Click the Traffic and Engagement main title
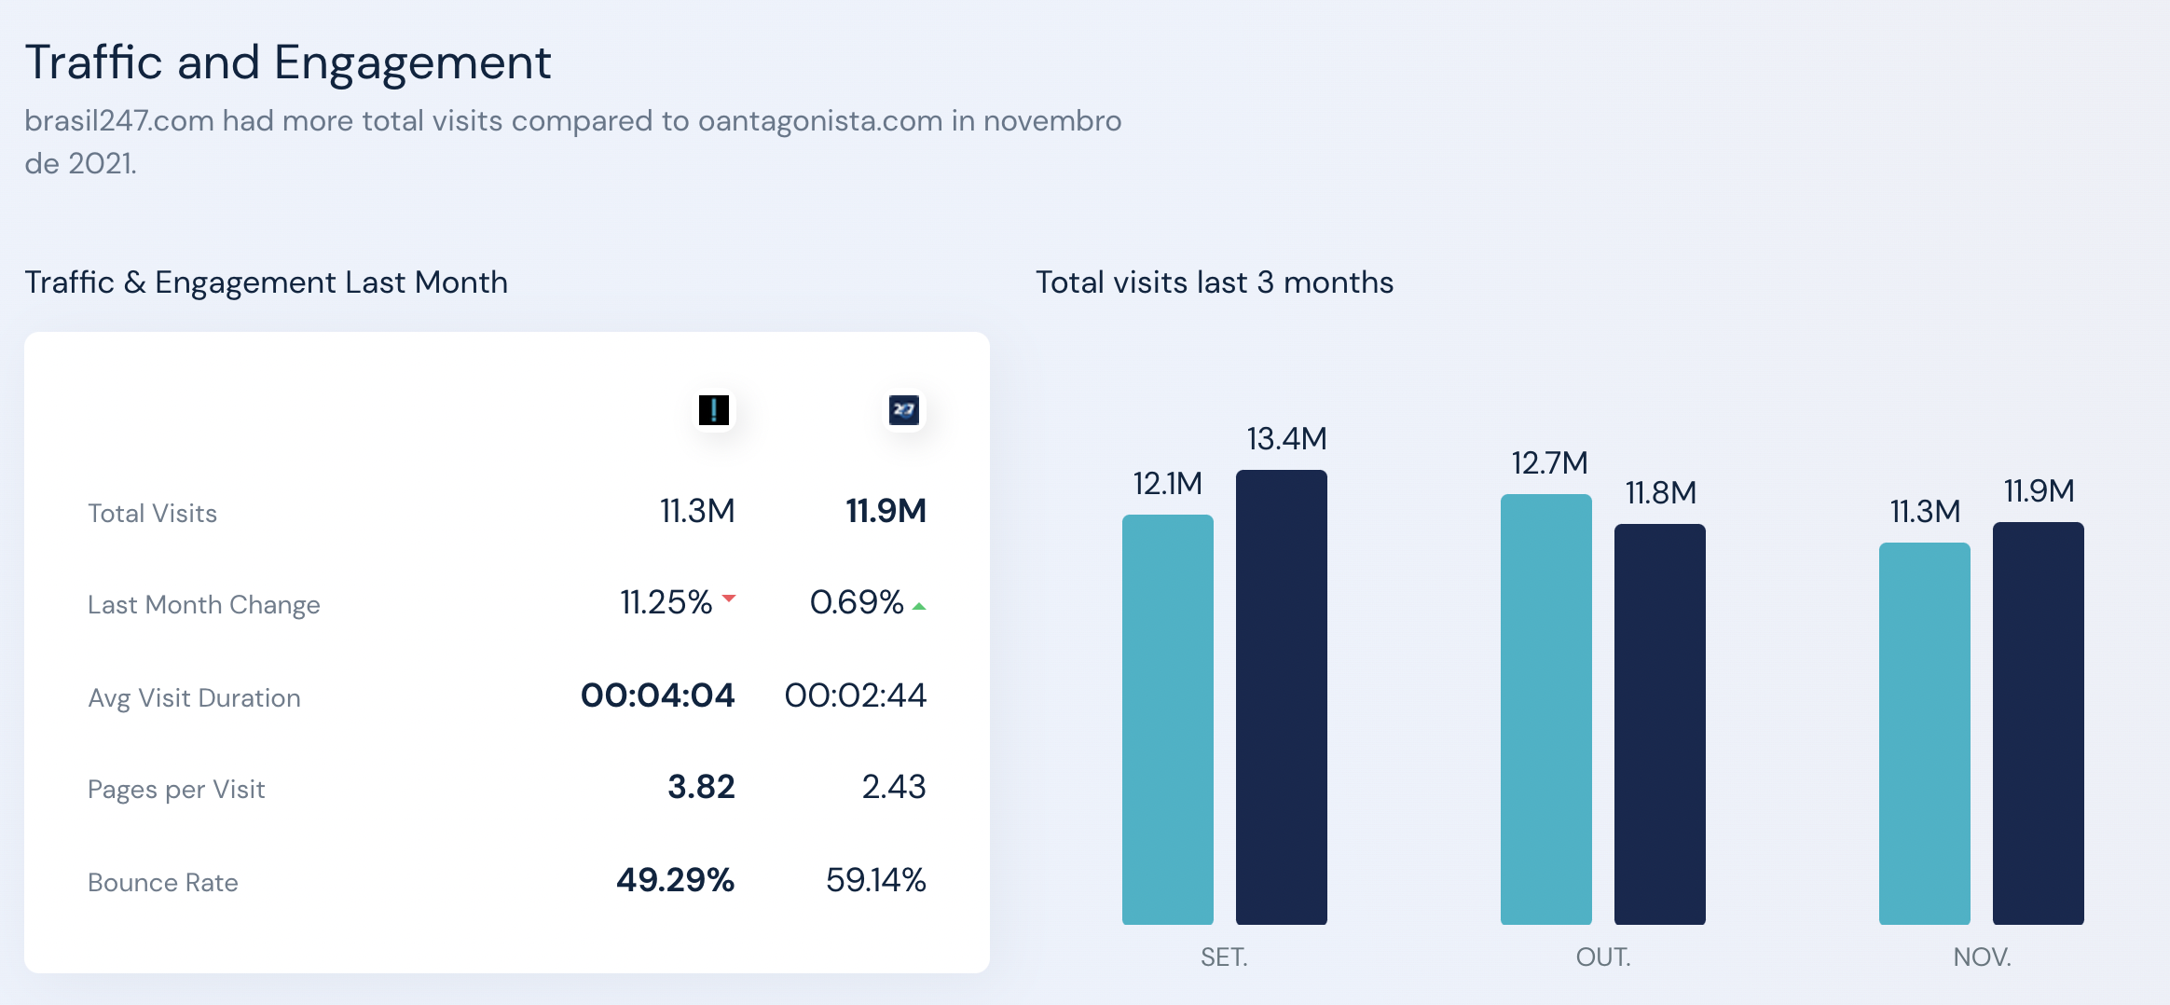287,62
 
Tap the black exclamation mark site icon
714,409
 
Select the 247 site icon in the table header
904,409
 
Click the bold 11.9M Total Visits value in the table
886,511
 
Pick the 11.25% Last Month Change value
666,602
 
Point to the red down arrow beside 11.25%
729,598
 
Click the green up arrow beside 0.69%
919,606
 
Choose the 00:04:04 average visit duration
657,695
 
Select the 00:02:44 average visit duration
855,695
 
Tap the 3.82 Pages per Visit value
701,787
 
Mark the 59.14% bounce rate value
875,880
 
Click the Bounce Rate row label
163,883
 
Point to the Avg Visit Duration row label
194,698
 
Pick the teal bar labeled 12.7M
1545,709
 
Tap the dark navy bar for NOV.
2038,723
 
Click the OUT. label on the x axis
1603,957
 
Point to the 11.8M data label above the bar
1660,493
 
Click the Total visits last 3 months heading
1215,282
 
